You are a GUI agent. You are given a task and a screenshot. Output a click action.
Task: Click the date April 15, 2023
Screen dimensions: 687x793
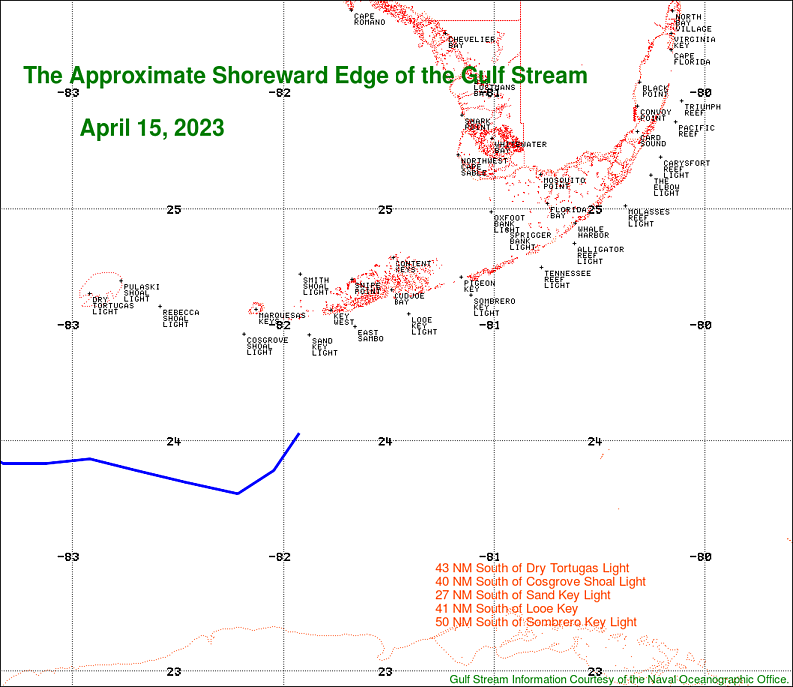(x=152, y=128)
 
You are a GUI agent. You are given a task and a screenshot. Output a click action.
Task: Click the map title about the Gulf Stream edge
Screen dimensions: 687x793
(x=306, y=76)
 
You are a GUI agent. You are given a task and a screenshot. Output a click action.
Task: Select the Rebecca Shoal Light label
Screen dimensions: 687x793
(x=180, y=318)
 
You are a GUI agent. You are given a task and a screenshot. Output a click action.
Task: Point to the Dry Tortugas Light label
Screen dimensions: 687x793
(x=105, y=306)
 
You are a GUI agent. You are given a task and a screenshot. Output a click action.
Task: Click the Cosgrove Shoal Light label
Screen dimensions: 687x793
(x=267, y=346)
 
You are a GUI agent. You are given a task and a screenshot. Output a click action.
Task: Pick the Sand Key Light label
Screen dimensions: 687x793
(x=324, y=347)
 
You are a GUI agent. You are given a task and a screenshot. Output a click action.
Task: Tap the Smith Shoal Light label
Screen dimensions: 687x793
(x=315, y=286)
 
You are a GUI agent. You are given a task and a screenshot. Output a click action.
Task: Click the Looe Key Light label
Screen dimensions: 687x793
(x=424, y=325)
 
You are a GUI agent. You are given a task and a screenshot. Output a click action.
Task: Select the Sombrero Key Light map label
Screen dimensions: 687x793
(x=493, y=307)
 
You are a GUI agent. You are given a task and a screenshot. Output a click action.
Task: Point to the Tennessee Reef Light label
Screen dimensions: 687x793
(x=566, y=279)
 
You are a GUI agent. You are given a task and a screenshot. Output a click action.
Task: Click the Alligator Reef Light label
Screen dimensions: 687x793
(x=599, y=255)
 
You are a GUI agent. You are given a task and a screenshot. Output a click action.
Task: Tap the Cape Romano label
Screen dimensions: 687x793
(x=368, y=19)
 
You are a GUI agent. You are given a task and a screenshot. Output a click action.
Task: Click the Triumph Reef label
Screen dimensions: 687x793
(x=701, y=109)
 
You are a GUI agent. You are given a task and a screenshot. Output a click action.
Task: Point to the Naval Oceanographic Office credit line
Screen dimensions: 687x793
(x=619, y=679)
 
